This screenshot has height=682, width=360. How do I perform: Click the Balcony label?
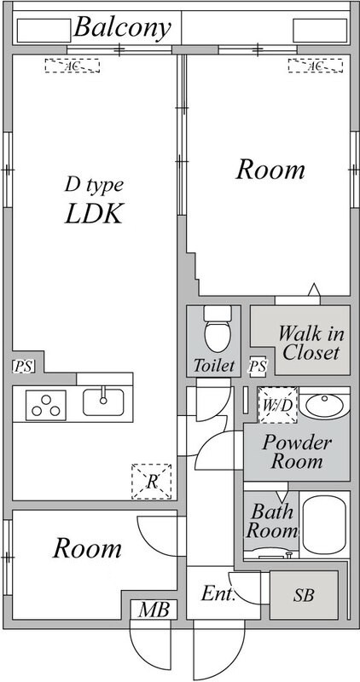[x=122, y=28]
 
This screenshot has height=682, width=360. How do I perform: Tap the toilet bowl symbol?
[x=218, y=330]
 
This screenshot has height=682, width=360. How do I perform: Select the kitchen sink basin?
[x=103, y=402]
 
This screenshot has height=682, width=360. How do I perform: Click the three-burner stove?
[x=46, y=406]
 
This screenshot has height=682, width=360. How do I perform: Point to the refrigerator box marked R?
[x=152, y=482]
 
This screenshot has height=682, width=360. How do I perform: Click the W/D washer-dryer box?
[x=278, y=405]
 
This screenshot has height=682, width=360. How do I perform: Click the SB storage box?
[x=304, y=594]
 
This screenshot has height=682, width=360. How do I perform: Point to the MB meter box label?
[x=154, y=610]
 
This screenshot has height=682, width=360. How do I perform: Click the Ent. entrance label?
[x=218, y=593]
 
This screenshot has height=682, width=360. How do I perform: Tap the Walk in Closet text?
[x=311, y=344]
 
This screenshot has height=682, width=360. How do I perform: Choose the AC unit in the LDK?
[x=73, y=66]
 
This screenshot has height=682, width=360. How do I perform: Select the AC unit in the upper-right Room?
[x=315, y=66]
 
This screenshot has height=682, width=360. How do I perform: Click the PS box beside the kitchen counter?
[x=23, y=367]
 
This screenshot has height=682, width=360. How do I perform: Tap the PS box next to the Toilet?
[x=258, y=367]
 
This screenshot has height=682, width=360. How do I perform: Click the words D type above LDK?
[x=94, y=186]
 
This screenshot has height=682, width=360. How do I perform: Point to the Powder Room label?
[x=297, y=452]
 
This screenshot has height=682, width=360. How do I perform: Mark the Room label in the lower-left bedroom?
[x=87, y=548]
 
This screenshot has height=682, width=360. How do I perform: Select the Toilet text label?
[x=214, y=366]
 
